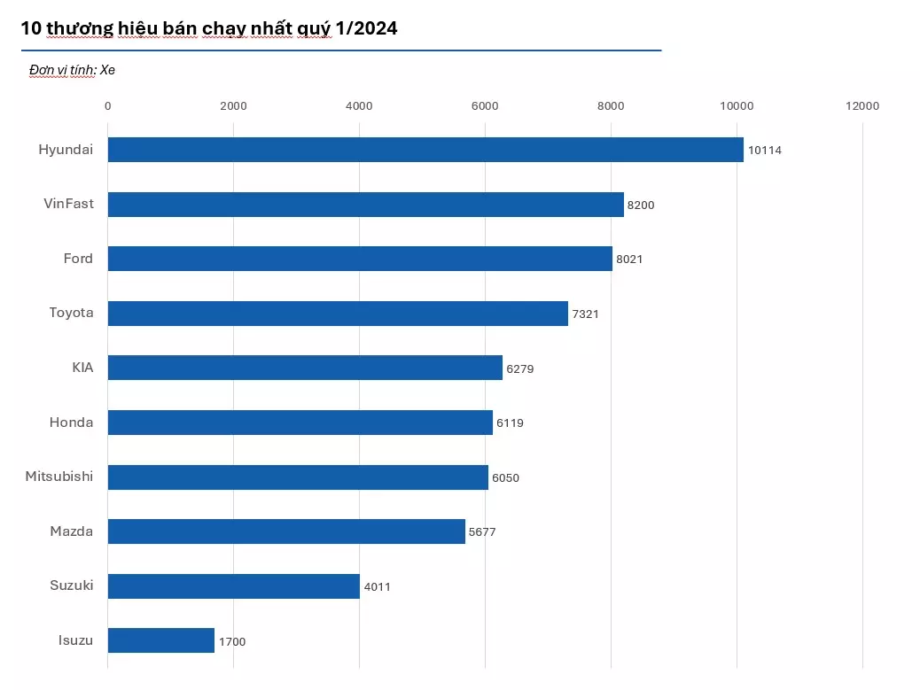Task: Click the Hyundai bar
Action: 425,150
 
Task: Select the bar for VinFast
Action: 365,205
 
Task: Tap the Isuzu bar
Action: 160,640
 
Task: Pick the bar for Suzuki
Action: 233,586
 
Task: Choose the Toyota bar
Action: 338,314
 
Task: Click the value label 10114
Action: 764,151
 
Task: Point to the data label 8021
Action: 629,260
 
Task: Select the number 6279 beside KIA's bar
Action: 519,368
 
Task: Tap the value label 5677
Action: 482,532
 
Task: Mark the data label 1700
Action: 231,641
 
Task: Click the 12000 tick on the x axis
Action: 862,106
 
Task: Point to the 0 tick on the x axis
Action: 108,106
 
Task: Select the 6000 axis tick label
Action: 485,106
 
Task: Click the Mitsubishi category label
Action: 59,477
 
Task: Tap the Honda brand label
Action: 71,423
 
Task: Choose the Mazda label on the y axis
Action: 71,531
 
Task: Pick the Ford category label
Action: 78,259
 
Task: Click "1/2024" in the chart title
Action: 366,28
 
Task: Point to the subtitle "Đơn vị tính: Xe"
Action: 72,70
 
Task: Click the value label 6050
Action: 505,477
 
